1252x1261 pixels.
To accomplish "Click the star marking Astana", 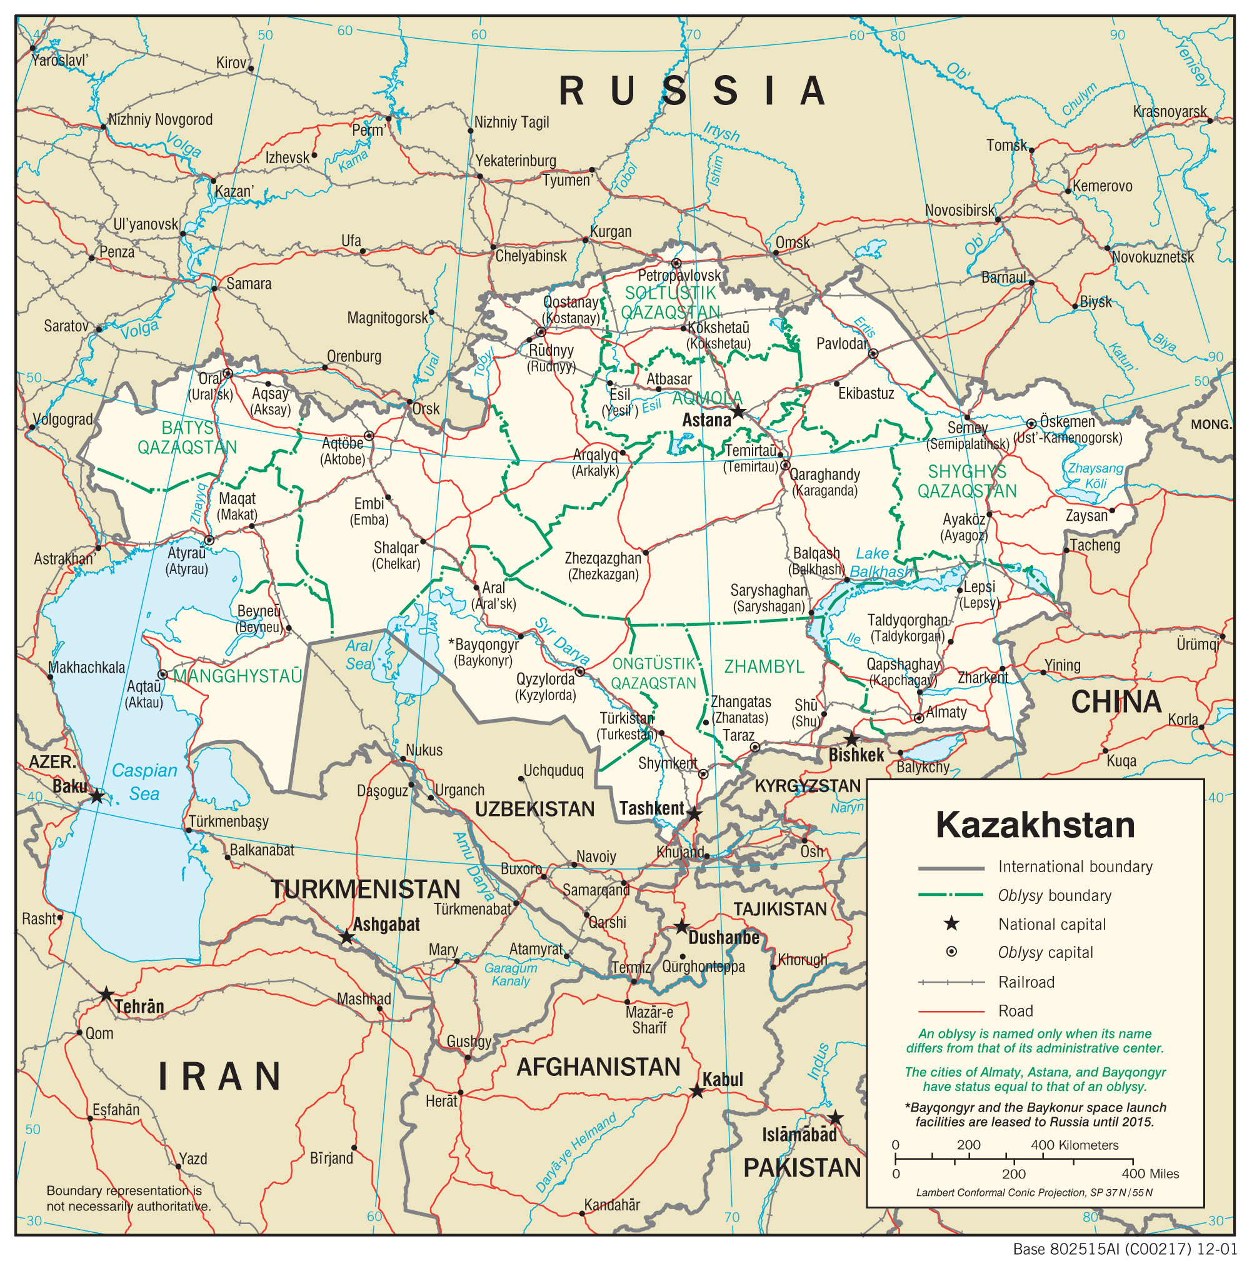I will [738, 412].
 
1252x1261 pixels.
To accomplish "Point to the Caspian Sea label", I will [144, 782].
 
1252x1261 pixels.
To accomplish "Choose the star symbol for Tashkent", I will [695, 814].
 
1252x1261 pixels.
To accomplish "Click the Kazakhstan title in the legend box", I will [1034, 825].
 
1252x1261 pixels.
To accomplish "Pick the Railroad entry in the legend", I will [1026, 982].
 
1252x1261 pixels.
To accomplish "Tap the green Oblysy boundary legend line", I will [951, 895].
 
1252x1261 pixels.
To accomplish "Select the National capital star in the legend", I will [951, 923].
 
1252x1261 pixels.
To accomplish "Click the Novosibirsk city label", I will [959, 210].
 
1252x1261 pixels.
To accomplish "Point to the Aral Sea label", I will [359, 655].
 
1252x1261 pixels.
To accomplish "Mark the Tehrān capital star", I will [106, 995].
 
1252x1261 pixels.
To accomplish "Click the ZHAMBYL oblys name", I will [764, 666].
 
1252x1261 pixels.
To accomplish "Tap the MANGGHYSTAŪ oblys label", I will [238, 676].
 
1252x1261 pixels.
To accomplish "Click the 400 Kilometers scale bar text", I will [1074, 1145].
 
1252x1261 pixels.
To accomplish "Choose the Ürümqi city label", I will [1197, 644].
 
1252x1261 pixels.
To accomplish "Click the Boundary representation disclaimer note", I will [129, 1198].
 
